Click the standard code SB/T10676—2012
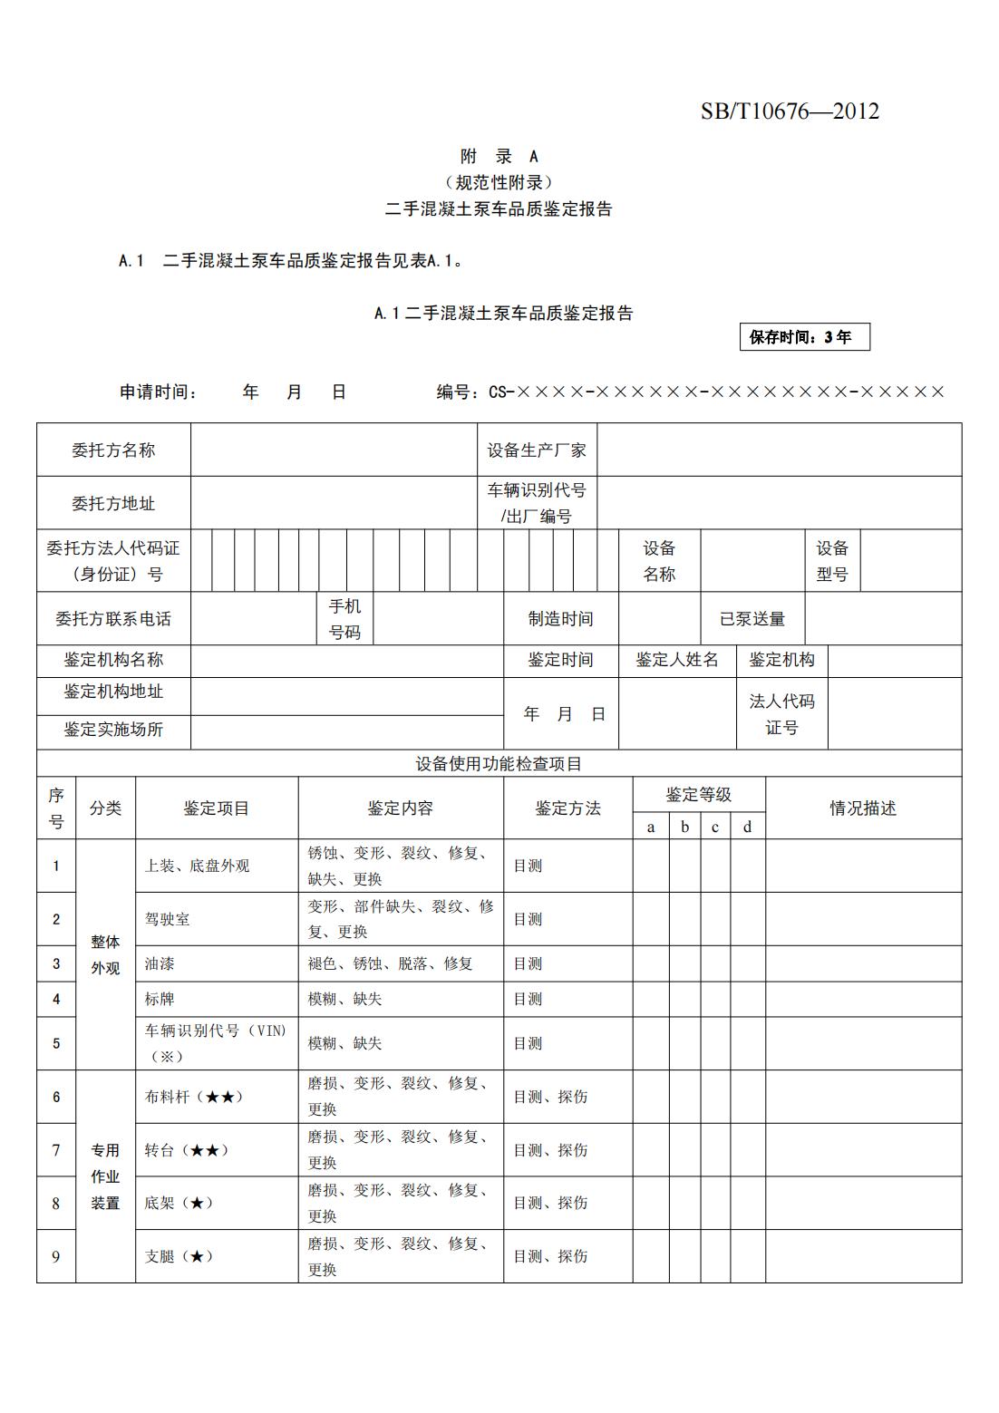[789, 111]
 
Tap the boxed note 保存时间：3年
[804, 337]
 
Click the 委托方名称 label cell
[113, 450]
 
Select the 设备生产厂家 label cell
[537, 450]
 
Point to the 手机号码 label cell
[344, 619]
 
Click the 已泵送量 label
[752, 619]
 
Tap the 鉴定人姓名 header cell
[677, 660]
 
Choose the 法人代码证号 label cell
[781, 714]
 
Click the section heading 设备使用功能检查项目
[499, 763]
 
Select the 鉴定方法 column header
[567, 808]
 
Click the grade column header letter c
[715, 827]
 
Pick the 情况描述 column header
[863, 808]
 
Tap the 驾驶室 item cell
[168, 919]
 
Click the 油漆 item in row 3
[160, 963]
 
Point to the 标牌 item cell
[160, 999]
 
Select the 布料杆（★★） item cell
[194, 1097]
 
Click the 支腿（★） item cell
[179, 1256]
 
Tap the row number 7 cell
[56, 1150]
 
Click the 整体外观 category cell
[105, 954]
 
